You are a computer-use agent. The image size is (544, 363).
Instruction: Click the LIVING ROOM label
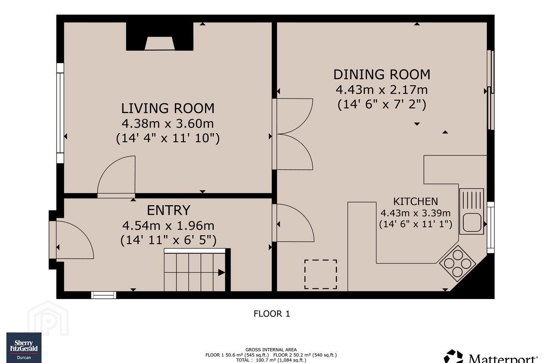click(x=168, y=109)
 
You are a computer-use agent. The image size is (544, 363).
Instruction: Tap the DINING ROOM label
click(x=382, y=74)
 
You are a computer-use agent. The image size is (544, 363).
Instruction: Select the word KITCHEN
click(x=416, y=202)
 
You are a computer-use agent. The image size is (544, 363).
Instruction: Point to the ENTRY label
click(x=168, y=210)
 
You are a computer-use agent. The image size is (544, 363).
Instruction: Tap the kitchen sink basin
click(x=472, y=222)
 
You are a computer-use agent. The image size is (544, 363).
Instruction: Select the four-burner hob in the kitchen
click(x=457, y=263)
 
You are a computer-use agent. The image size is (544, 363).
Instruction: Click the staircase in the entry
click(x=195, y=270)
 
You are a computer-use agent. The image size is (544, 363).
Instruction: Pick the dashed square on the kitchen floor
click(x=321, y=274)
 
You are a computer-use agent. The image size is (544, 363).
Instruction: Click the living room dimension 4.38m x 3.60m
click(x=168, y=124)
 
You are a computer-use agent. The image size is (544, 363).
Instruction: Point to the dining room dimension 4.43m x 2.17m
click(x=382, y=90)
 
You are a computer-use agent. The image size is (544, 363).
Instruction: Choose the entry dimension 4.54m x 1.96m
click(x=168, y=226)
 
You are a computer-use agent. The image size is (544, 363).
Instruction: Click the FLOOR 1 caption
click(x=272, y=313)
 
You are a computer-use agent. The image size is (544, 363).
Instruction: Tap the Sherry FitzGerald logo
click(x=24, y=347)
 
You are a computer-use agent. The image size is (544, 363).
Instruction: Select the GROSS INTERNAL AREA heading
click(x=271, y=350)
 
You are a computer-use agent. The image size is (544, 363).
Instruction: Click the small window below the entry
click(x=104, y=295)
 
